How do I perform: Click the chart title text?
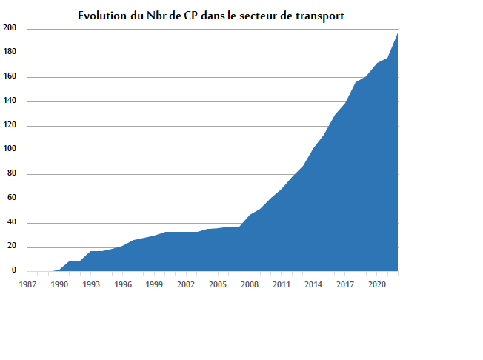pos(210,16)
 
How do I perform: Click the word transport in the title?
pos(318,16)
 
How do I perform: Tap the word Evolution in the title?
pos(101,16)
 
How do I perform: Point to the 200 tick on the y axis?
pos(10,28)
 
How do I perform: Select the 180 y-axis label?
pos(10,53)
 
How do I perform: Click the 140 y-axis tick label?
pos(10,101)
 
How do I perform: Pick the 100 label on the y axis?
pos(10,150)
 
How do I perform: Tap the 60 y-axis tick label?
pos(12,199)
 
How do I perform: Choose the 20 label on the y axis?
pos(12,247)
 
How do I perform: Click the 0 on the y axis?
pos(13,271)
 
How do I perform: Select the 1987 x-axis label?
pos(27,284)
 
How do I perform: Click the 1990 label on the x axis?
pos(59,284)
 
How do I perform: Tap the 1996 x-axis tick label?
pos(123,284)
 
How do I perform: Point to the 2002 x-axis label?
pos(186,284)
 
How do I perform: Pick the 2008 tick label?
pos(250,284)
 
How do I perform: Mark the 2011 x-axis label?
pos(282,284)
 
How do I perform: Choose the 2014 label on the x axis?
pos(313,284)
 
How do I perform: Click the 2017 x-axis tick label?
pos(345,284)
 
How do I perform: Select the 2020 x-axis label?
pos(377,284)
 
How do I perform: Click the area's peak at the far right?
pos(397,34)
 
